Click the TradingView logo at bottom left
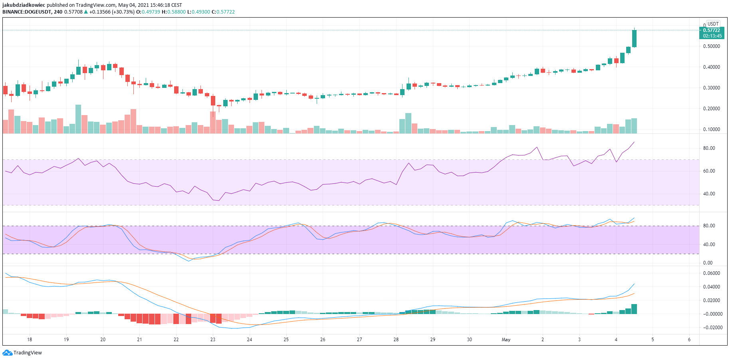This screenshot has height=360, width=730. (22, 353)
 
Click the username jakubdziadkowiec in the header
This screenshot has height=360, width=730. (24, 5)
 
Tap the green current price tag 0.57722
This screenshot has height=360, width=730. (712, 30)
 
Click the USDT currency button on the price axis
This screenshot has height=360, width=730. (713, 24)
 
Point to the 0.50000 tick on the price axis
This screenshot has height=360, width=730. (711, 46)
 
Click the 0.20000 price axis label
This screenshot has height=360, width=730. (711, 109)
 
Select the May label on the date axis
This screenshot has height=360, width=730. (506, 340)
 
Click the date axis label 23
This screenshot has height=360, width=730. (213, 340)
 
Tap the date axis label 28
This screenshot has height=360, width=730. (396, 340)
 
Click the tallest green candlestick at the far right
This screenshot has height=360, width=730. (634, 39)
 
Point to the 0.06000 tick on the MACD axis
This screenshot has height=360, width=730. (711, 273)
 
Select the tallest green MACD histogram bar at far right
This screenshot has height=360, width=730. (634, 309)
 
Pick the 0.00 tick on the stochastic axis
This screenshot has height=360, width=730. (708, 263)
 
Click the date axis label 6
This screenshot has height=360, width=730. (689, 340)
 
